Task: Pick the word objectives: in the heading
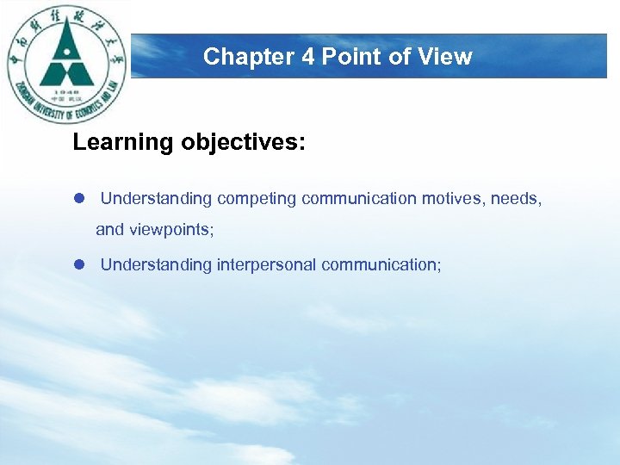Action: [243, 143]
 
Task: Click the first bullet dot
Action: [77, 199]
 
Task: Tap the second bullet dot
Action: [77, 265]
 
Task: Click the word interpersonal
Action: [266, 265]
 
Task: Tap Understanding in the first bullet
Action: [156, 199]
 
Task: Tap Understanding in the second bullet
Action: [156, 265]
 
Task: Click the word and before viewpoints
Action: [109, 230]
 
